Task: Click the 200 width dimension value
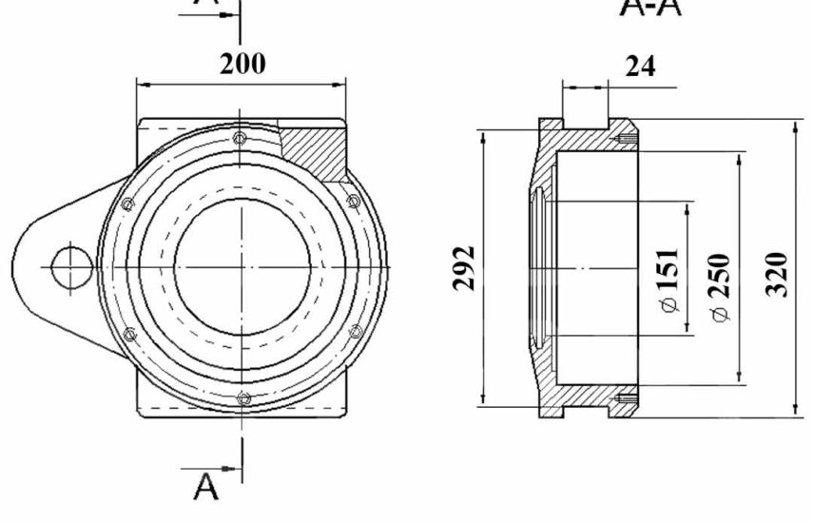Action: tap(242, 64)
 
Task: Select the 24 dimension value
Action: tap(640, 67)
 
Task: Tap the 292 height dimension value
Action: tap(464, 268)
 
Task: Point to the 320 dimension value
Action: tap(777, 274)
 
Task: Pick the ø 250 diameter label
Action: tap(721, 288)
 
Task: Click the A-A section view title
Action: tap(650, 8)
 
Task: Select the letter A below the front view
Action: tap(205, 486)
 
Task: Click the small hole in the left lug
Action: tap(71, 267)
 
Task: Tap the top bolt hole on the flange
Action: tap(240, 139)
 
